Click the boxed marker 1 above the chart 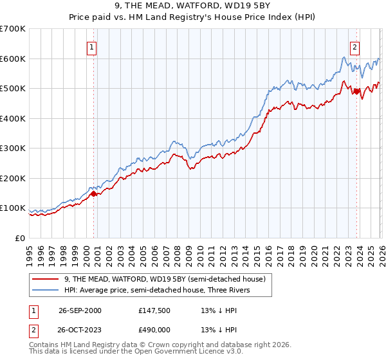[x=92, y=47]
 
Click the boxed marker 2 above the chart [x=354, y=47]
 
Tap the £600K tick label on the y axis [x=13, y=59]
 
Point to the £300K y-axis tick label [x=13, y=148]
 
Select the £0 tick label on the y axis [x=21, y=238]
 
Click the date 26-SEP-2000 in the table [x=97, y=310]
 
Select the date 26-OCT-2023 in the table [x=97, y=329]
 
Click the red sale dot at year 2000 [x=94, y=194]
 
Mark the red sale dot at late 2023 [x=356, y=91]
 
